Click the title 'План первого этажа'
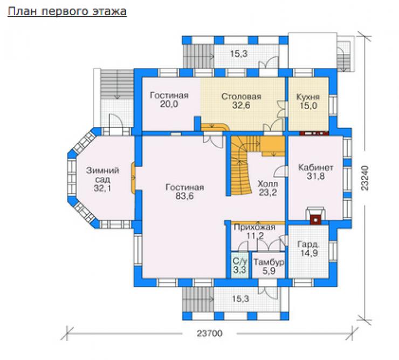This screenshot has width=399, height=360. [67, 12]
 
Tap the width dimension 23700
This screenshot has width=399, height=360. [209, 333]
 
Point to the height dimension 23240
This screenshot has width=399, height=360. [364, 178]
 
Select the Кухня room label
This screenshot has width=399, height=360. [308, 97]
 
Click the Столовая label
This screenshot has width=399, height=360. [241, 97]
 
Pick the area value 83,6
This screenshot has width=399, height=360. [184, 196]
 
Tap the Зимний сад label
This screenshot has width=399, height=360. [102, 175]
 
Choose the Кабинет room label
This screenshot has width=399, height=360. [315, 168]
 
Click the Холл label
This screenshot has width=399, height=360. [267, 184]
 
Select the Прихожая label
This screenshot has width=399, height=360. [254, 227]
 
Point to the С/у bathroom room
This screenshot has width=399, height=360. [240, 265]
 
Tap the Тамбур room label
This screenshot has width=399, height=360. [269, 262]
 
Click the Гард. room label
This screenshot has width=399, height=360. [308, 244]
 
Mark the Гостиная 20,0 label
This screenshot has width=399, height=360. [169, 100]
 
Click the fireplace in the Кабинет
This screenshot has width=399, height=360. [315, 215]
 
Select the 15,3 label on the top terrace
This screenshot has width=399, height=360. [239, 54]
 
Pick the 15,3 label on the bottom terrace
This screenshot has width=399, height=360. [240, 299]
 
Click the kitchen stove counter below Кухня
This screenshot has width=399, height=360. [314, 133]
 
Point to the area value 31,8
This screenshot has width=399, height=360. [315, 176]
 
